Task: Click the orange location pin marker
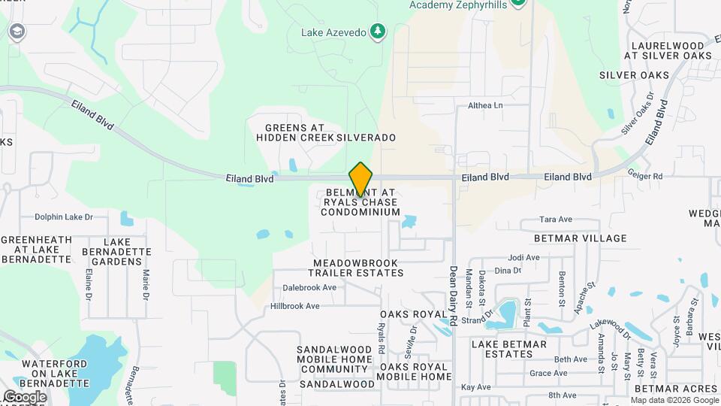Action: (x=360, y=180)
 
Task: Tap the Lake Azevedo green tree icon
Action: (x=379, y=32)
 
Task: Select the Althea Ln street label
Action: (x=484, y=106)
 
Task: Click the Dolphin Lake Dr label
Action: (x=63, y=217)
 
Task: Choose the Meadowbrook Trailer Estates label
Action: (x=355, y=268)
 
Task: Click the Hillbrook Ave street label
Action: (x=295, y=306)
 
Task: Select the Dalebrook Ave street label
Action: (x=309, y=287)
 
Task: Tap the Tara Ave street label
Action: (x=556, y=220)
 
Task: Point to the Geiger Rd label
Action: (x=646, y=176)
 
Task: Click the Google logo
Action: (x=24, y=396)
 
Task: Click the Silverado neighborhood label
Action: (x=366, y=138)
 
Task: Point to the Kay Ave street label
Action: (x=475, y=387)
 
